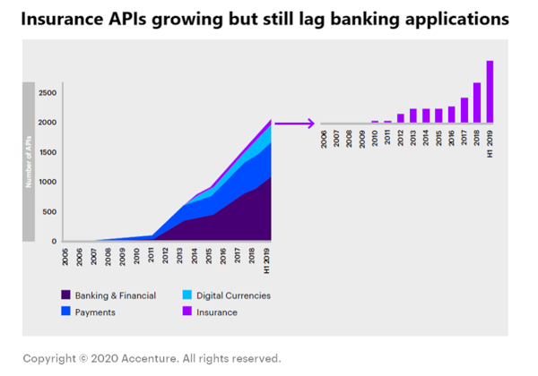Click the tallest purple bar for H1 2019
pos(490,91)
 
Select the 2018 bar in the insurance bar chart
pos(477,101)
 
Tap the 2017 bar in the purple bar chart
pos(464,109)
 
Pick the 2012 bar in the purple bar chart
pos(401,117)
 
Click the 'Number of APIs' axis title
pos(29,162)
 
